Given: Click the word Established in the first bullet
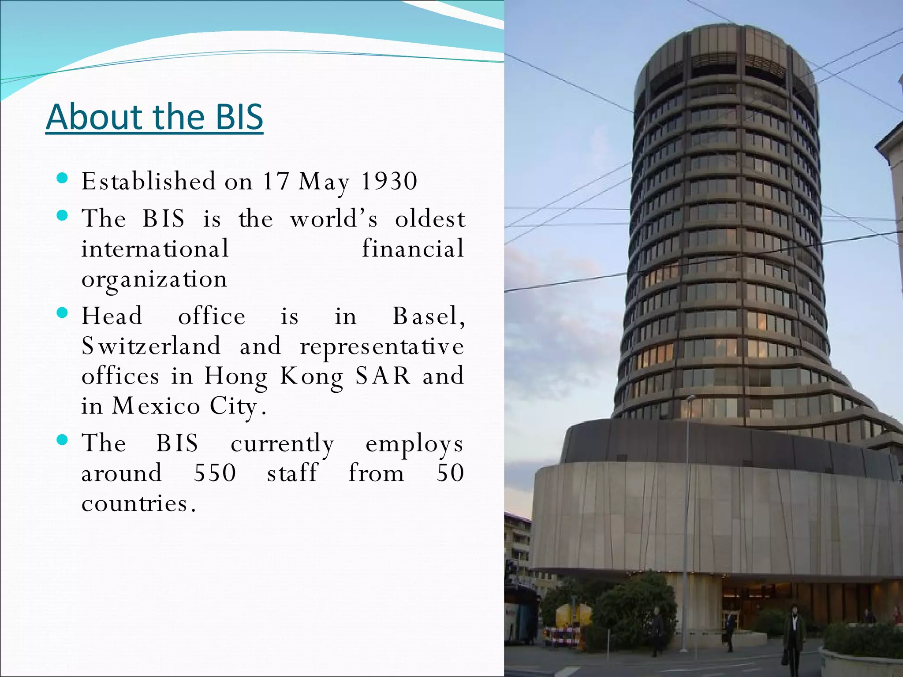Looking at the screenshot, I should [149, 181].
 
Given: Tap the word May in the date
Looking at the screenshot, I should [324, 182].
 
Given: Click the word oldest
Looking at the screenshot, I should [430, 219].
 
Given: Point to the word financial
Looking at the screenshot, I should [413, 249].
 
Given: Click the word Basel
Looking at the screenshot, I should [428, 316].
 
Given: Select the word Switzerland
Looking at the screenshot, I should [151, 346].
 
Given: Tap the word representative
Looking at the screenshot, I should [382, 346].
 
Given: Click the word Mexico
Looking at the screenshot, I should [156, 406].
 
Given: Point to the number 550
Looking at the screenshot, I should [215, 473].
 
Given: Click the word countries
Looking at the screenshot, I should [138, 503].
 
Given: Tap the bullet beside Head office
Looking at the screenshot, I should [63, 313].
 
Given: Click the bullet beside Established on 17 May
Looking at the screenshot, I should [63, 179].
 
